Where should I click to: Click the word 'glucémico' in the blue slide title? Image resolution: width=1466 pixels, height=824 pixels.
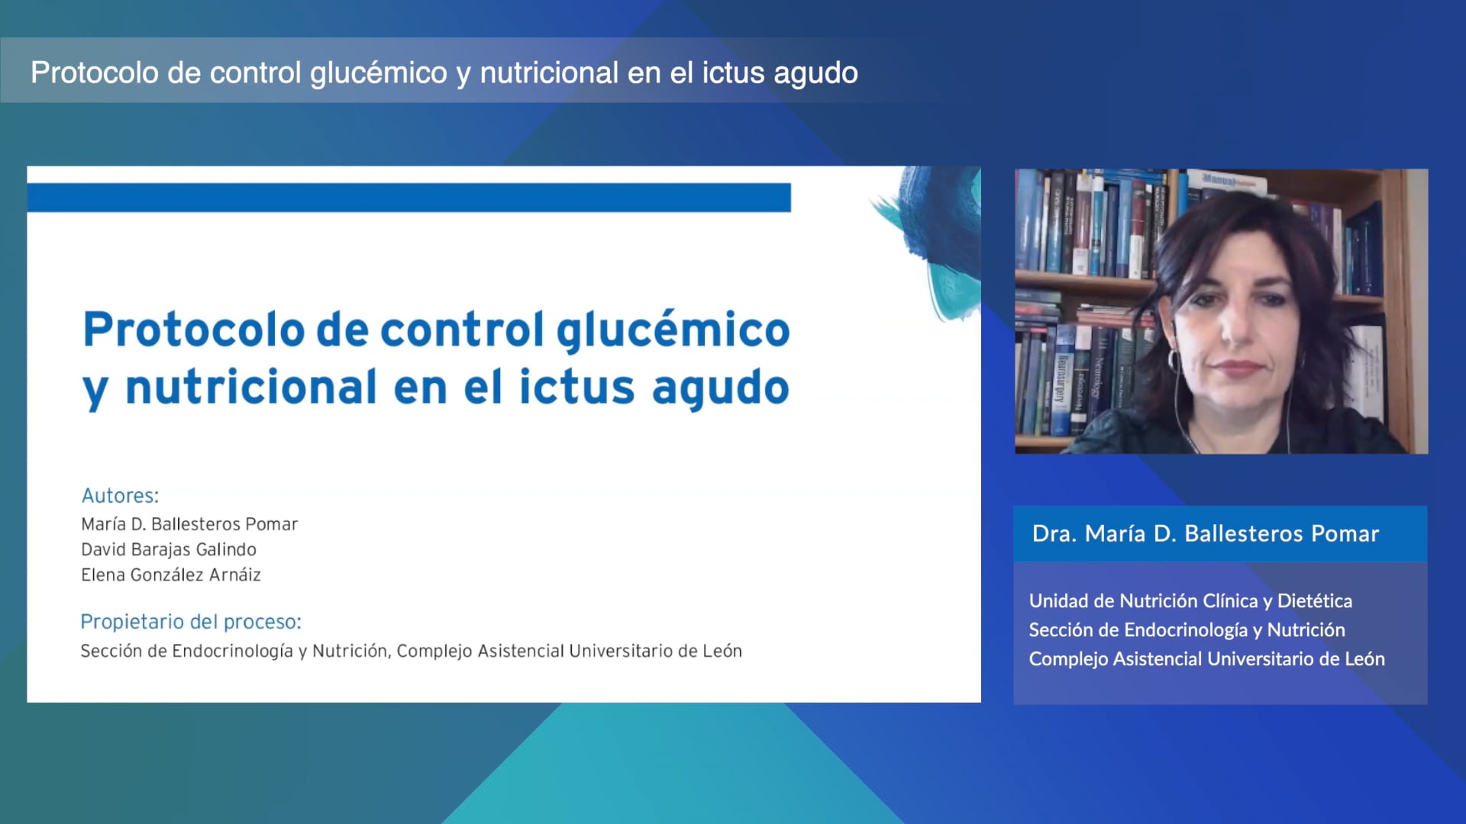pos(673,330)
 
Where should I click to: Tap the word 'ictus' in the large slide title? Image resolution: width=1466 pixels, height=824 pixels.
pos(576,387)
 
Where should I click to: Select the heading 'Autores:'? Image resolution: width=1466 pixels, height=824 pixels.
pos(120,496)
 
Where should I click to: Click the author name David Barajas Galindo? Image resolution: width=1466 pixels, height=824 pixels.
pos(169,549)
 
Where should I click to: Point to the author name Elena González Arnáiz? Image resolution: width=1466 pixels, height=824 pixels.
pos(171,575)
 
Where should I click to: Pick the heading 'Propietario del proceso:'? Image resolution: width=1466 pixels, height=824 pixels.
pos(191,622)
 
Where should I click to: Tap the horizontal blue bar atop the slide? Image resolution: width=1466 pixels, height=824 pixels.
pos(408,198)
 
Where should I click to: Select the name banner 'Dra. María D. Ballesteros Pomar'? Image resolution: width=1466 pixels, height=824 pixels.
pos(1205,533)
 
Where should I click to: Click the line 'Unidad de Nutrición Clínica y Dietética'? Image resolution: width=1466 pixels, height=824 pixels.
pos(1190,601)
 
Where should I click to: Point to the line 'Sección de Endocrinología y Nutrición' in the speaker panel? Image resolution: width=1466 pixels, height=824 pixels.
pos(1187,630)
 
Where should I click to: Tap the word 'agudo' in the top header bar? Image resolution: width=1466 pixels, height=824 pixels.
pos(815,73)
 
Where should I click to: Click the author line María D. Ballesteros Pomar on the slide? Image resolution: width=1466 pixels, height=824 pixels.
pos(189,524)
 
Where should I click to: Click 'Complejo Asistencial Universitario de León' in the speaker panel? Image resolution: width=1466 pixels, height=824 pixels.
pos(1206,659)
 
